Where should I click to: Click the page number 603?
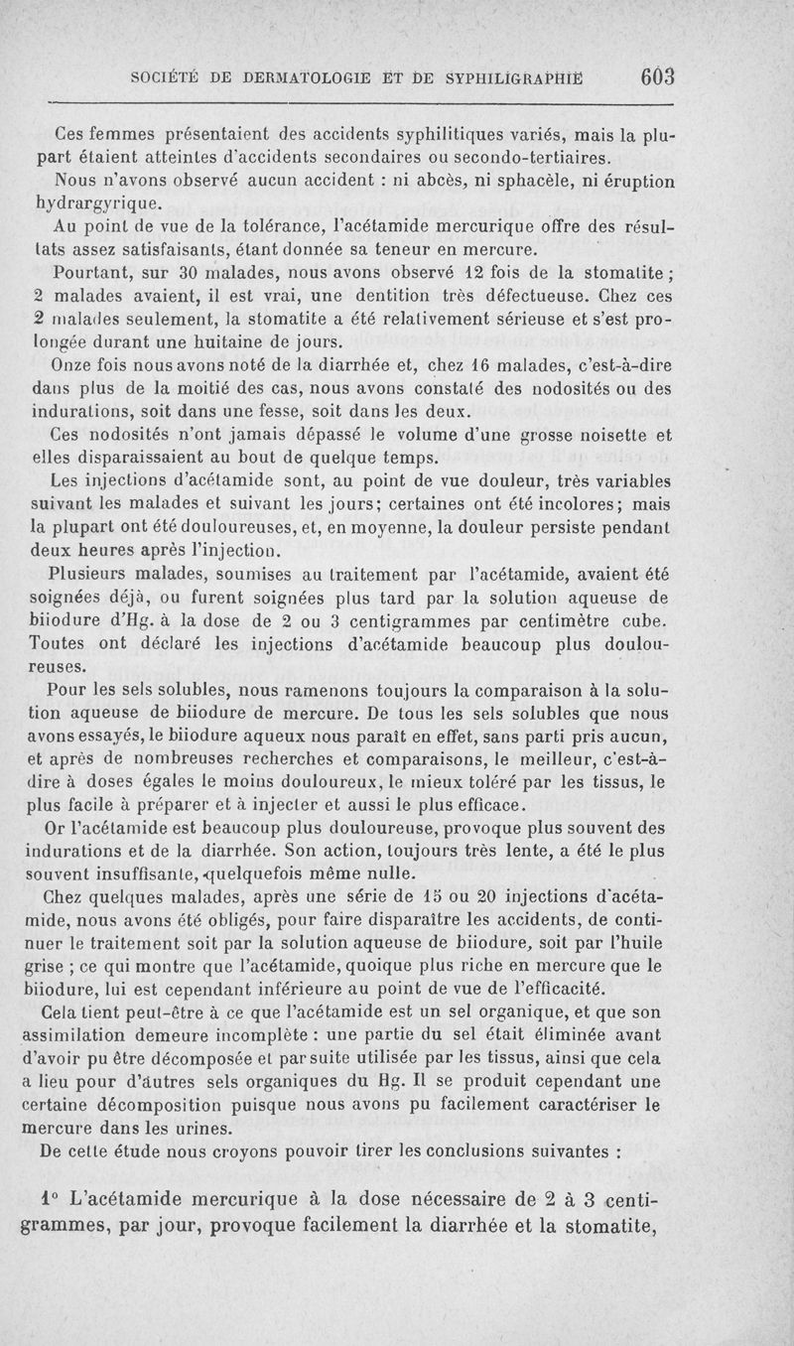657,76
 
